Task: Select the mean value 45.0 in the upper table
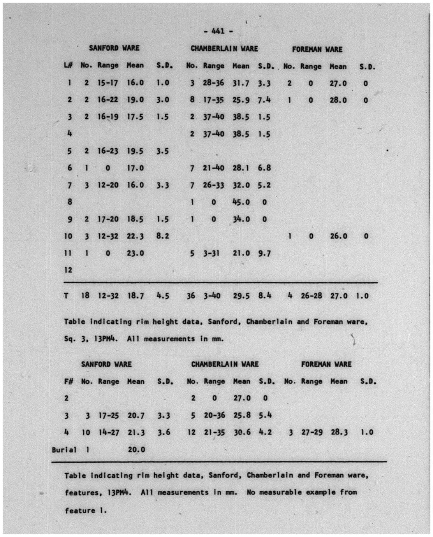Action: [x=241, y=202]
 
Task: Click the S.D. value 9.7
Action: [x=264, y=253]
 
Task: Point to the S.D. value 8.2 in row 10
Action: [x=162, y=236]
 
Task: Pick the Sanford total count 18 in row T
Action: [x=85, y=296]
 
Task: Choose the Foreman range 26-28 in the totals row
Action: [x=311, y=296]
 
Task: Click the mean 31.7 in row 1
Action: [x=241, y=83]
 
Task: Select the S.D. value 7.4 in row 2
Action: [x=264, y=100]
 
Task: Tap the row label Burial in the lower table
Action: [x=64, y=449]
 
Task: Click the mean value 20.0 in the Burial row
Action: [x=136, y=449]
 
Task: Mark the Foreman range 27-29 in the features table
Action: [x=312, y=432]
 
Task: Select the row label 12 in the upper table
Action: [x=69, y=270]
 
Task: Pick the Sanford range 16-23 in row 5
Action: [x=108, y=151]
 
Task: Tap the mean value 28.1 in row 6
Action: [x=241, y=168]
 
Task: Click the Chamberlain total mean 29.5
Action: [x=241, y=296]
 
